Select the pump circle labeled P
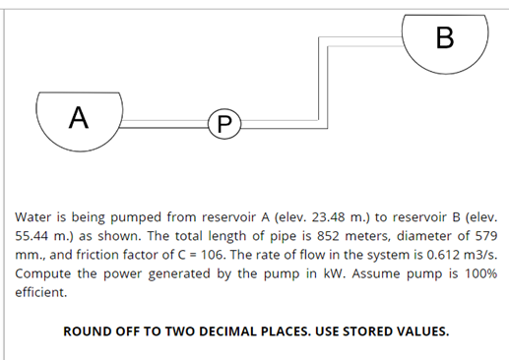[x=223, y=124]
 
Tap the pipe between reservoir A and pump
[x=163, y=123]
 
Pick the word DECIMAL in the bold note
[x=223, y=330]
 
